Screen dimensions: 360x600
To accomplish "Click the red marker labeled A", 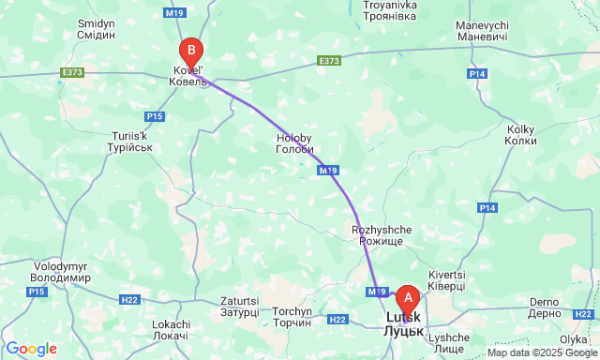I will pyautogui.click(x=407, y=299).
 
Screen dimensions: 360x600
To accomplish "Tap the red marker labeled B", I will pyautogui.click(x=190, y=51).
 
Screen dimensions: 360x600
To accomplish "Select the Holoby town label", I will pyautogui.click(x=294, y=144).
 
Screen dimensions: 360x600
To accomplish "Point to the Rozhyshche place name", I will pyautogui.click(x=377, y=235).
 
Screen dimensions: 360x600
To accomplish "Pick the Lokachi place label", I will pyautogui.click(x=170, y=329).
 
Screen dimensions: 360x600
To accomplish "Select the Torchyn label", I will pyautogui.click(x=292, y=317).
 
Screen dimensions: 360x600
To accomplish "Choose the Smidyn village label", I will pyautogui.click(x=97, y=28).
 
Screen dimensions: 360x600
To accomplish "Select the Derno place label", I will pyautogui.click(x=544, y=307).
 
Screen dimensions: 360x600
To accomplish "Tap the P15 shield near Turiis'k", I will pyautogui.click(x=155, y=115).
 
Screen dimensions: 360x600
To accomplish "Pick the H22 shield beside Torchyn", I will pyautogui.click(x=338, y=320).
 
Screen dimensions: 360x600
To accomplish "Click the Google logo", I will pyautogui.click(x=30, y=349).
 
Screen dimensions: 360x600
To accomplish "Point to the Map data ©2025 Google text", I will pyautogui.click(x=541, y=352).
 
